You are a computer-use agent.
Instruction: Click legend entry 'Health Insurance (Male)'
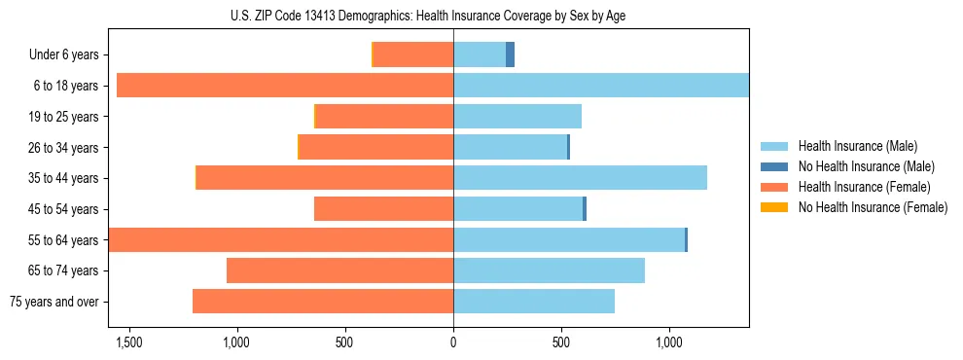[857, 146]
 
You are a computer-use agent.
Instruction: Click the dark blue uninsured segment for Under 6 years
[510, 54]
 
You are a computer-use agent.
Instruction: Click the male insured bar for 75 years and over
[534, 302]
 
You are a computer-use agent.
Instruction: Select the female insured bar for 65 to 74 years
[339, 270]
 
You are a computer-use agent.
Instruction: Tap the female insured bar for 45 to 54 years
[383, 209]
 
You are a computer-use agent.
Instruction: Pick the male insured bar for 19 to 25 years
[517, 117]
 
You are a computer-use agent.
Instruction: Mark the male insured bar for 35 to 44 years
[580, 178]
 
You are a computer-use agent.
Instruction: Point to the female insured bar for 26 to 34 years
[376, 147]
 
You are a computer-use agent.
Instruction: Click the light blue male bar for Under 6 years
[480, 54]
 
